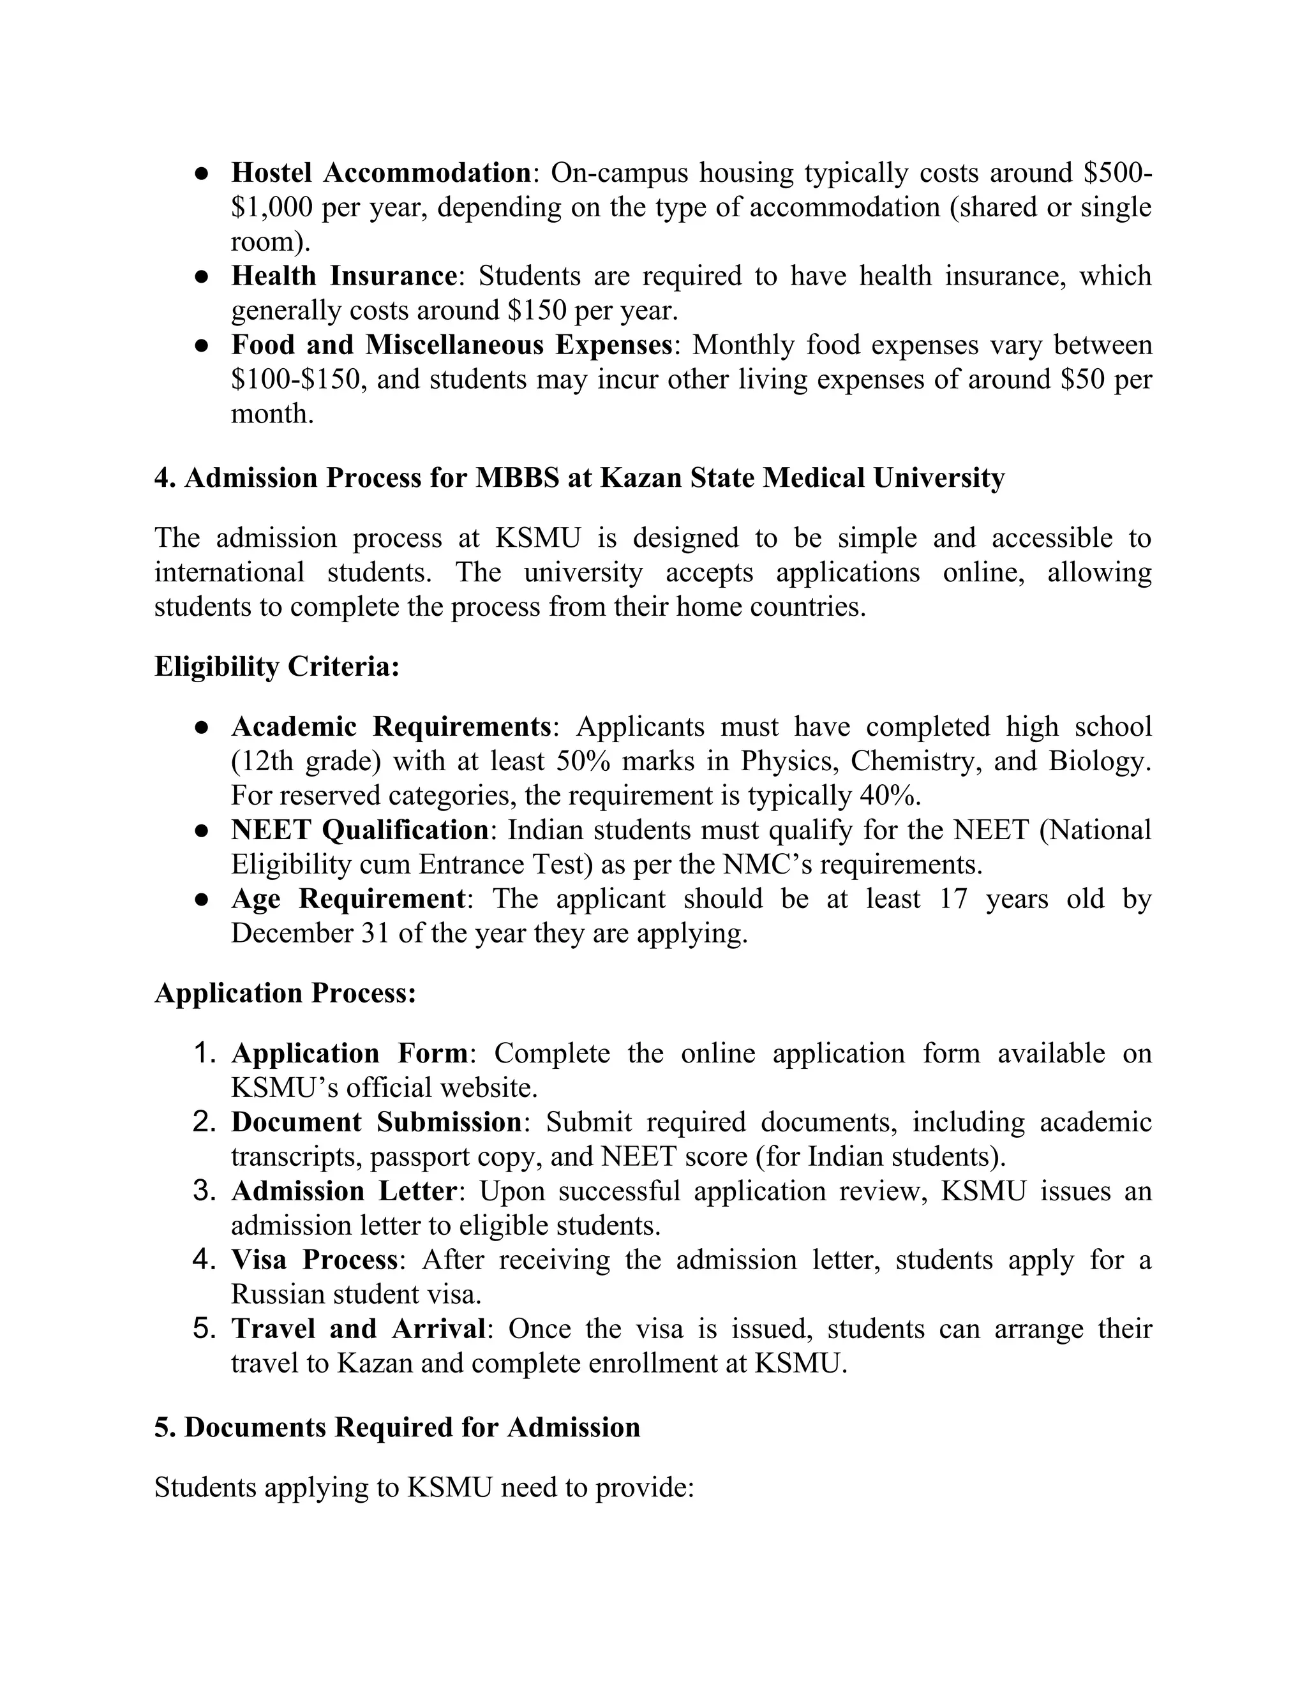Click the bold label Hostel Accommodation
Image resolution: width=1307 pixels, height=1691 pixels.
[x=381, y=173]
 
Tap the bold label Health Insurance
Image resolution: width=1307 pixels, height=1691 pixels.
[x=344, y=276]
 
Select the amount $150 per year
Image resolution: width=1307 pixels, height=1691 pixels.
[x=592, y=311]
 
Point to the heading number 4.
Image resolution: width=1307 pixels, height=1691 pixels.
[x=164, y=478]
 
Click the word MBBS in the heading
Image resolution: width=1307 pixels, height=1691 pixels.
[x=516, y=478]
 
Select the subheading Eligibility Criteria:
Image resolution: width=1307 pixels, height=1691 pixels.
[x=276, y=667]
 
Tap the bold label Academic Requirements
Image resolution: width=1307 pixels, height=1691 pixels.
[x=391, y=726]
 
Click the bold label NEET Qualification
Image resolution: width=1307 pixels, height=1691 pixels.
[x=359, y=830]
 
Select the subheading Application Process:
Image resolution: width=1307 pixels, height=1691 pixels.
[x=285, y=994]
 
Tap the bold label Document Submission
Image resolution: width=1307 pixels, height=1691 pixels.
[x=377, y=1122]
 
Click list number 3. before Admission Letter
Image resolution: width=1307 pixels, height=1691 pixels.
[x=205, y=1191]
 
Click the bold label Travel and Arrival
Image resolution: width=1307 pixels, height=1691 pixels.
[x=359, y=1329]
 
